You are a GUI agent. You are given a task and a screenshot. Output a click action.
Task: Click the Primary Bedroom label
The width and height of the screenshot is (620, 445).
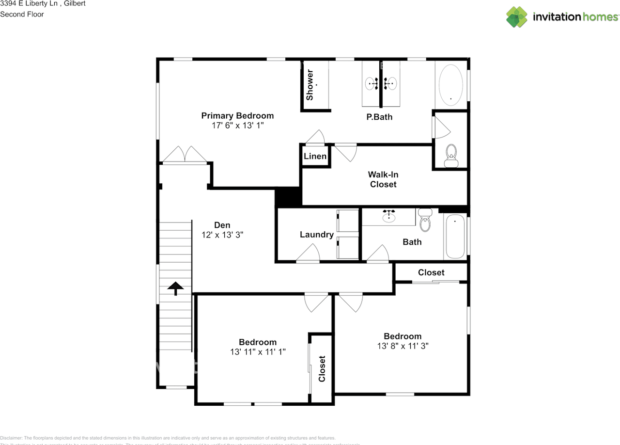237,116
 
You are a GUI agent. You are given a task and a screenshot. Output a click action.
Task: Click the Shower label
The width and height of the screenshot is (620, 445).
310,85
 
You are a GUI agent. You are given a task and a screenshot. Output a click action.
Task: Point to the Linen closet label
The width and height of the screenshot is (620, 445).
315,157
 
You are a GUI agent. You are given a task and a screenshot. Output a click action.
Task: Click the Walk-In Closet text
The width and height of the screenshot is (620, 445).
383,179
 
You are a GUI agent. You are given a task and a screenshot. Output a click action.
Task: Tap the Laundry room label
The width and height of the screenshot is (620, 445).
316,235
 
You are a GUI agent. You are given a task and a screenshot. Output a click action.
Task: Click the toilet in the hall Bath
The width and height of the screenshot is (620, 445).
425,221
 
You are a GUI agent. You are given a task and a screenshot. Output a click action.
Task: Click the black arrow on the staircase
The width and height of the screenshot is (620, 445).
175,288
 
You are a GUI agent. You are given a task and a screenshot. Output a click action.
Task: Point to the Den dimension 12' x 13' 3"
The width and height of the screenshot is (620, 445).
222,235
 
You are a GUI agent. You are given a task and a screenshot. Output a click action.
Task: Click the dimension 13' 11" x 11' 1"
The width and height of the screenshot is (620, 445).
258,352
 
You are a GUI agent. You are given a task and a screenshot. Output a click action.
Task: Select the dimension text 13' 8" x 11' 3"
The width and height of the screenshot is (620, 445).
403,346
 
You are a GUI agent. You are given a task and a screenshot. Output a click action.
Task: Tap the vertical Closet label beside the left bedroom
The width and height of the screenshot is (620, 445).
322,368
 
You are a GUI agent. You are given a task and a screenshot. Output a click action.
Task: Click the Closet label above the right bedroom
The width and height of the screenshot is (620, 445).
431,272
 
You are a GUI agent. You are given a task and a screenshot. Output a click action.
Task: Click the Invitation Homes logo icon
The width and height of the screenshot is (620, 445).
517,17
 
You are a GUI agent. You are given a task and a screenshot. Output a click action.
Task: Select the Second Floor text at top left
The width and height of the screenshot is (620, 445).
22,14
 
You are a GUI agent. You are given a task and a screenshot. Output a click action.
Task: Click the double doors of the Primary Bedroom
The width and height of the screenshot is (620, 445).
185,155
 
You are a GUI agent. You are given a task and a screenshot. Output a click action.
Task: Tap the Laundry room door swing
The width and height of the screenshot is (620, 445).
309,254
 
